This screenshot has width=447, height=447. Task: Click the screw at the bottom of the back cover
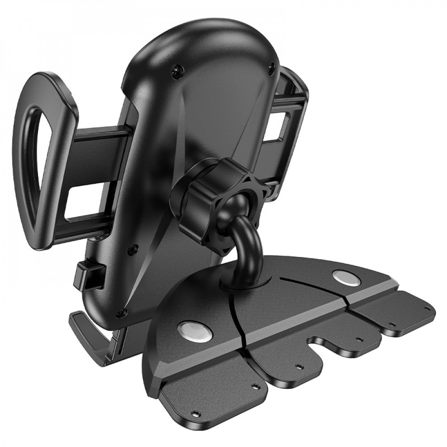click(120, 314)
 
